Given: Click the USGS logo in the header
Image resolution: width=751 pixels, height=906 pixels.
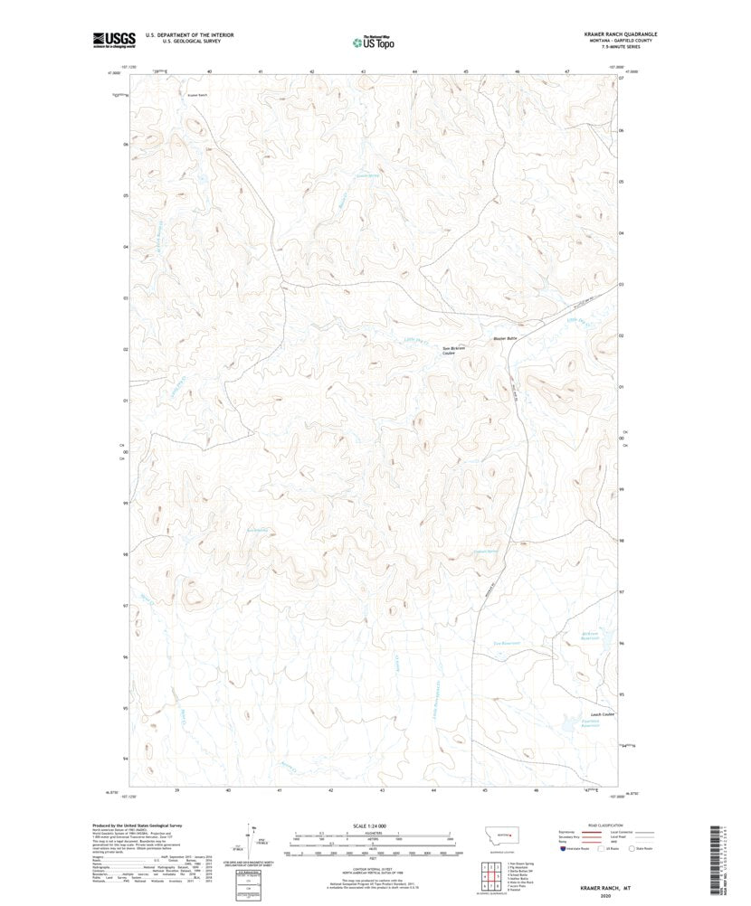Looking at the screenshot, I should [x=113, y=39].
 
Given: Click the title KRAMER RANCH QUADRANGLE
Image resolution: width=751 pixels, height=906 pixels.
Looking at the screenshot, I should [x=620, y=33].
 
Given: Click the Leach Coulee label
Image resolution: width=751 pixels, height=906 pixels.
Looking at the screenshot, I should [x=602, y=714].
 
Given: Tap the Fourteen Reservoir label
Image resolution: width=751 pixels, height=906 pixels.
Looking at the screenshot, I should [x=589, y=724].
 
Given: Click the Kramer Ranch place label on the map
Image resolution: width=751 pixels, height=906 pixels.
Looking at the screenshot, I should [x=196, y=93].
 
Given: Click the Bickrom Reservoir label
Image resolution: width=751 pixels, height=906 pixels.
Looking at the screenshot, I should [x=592, y=634].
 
